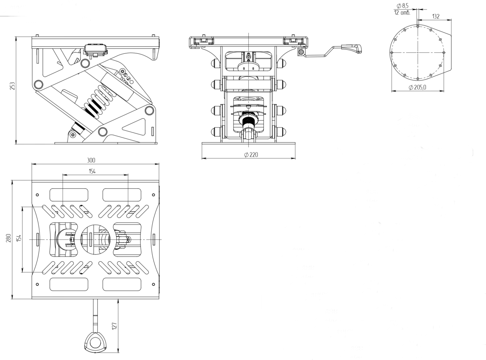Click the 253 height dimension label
pyautogui.click(x=12, y=86)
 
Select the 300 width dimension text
pyautogui.click(x=91, y=160)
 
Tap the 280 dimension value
pyautogui.click(x=9, y=238)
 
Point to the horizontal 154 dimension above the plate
pyautogui.click(x=92, y=171)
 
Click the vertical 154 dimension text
pyautogui.click(x=19, y=238)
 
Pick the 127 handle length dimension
pyautogui.click(x=114, y=326)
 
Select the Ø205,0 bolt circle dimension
pyautogui.click(x=417, y=87)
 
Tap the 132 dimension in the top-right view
pyautogui.click(x=435, y=16)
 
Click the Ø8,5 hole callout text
pyautogui.click(x=403, y=6)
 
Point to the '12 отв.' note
pyautogui.click(x=402, y=13)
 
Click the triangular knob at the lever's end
pyautogui.click(x=96, y=342)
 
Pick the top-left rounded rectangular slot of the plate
pyautogui.click(x=69, y=195)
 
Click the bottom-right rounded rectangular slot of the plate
pyautogui.click(x=122, y=284)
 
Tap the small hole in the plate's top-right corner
pyautogui.click(x=153, y=195)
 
